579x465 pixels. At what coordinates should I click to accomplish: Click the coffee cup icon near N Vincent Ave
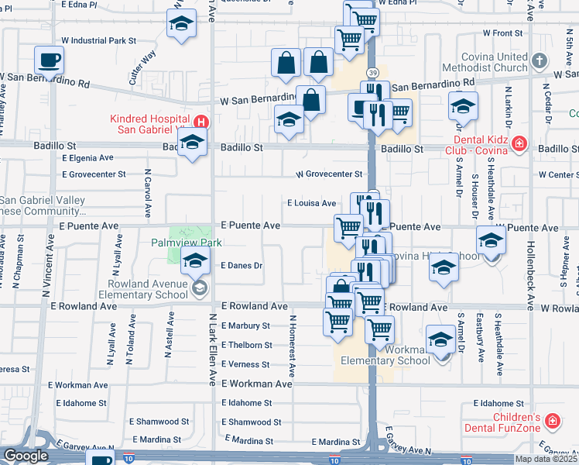coord(50,60)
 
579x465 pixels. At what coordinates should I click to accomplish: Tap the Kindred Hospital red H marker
coord(201,122)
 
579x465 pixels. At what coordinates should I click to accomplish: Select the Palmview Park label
coord(187,243)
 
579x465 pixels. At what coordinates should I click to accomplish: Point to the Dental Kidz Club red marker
coord(519,143)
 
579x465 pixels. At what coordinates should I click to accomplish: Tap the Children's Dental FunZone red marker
coord(552,421)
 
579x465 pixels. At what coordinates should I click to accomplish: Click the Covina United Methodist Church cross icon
coord(540,58)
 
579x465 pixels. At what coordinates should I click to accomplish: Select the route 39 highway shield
coord(374,72)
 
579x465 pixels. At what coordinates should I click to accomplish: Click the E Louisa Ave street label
coord(312,203)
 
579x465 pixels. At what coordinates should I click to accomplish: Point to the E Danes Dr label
coord(242,265)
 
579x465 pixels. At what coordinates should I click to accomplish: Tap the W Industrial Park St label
coord(98,40)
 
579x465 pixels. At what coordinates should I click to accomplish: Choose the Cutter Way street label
coord(143,67)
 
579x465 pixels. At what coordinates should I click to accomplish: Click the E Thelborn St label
coord(246,345)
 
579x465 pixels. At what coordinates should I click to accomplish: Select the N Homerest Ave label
coord(293,345)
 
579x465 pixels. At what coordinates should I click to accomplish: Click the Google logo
coord(26,456)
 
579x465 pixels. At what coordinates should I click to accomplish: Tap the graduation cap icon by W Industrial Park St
coord(181,25)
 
